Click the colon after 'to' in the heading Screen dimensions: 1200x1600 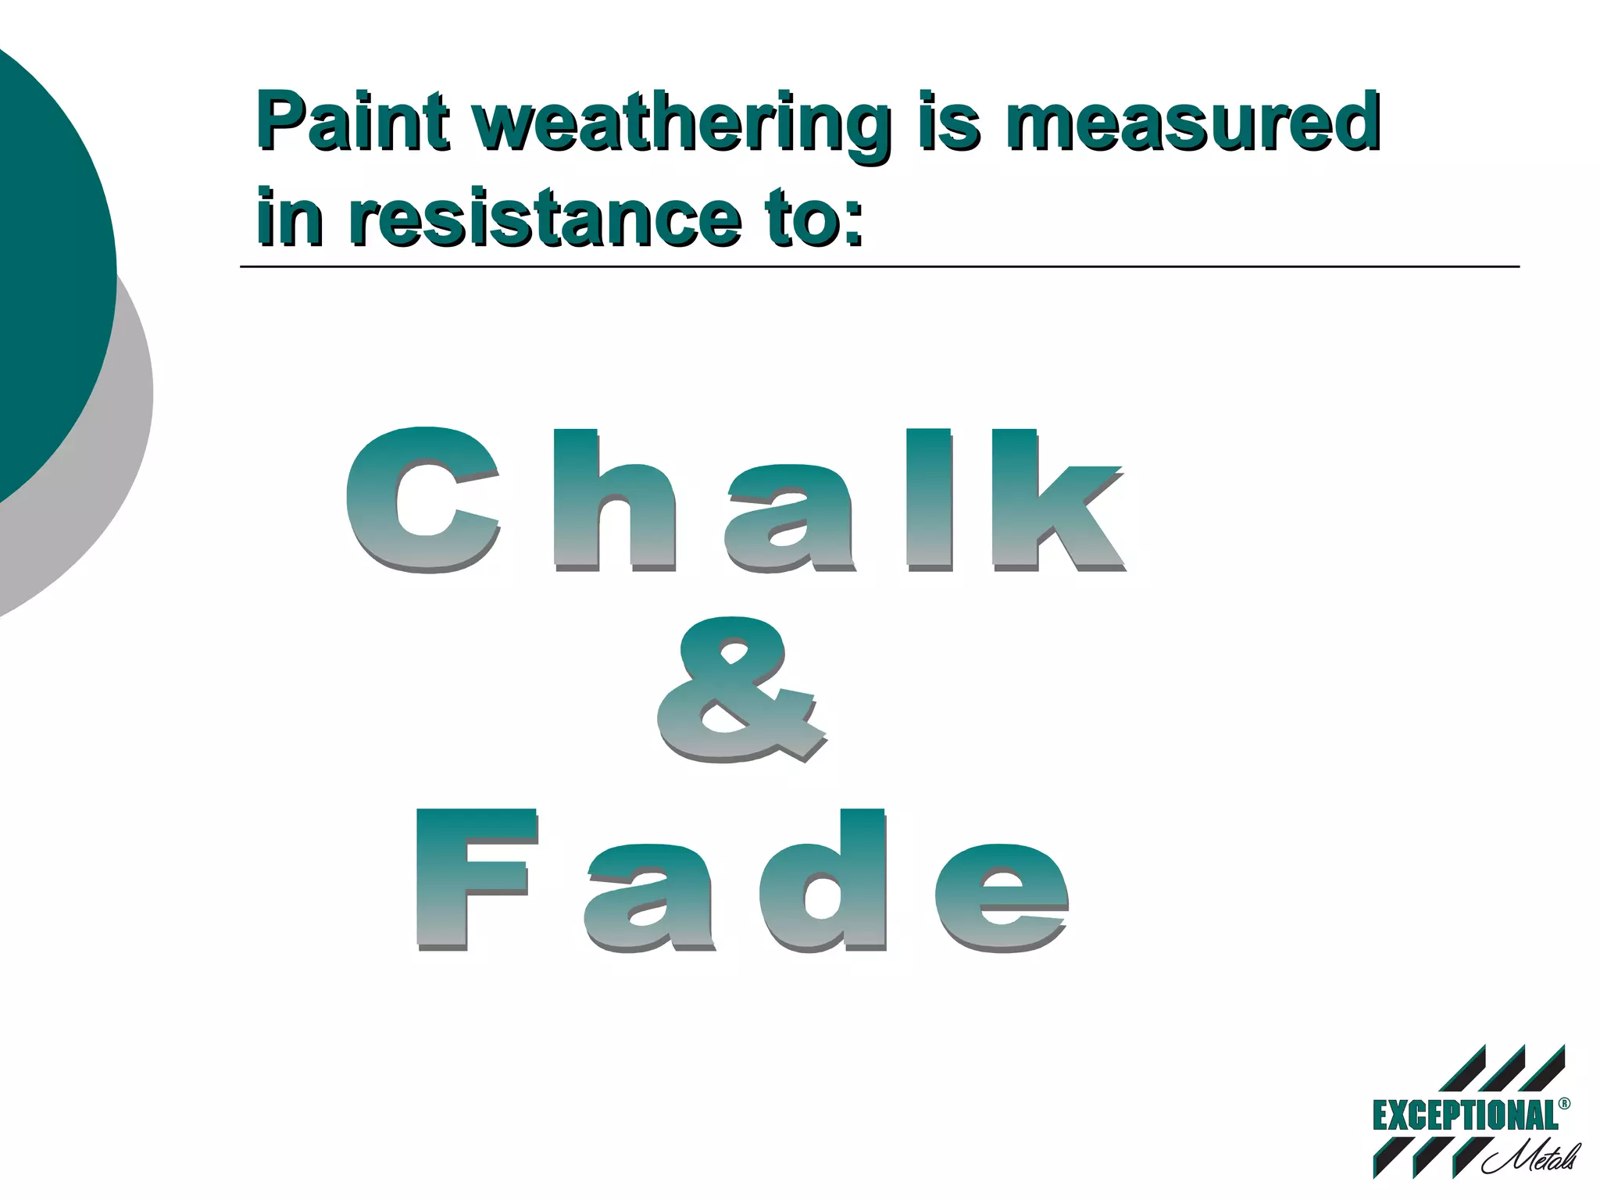(853, 222)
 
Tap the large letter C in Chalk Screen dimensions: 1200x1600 (423, 500)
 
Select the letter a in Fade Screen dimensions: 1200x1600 (648, 898)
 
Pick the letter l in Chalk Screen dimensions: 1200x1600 (928, 500)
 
